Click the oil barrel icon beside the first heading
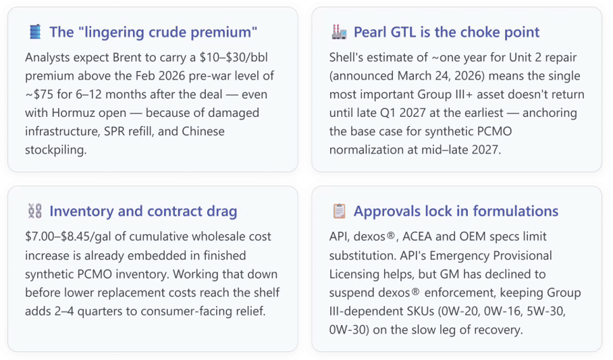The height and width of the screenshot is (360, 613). (35, 32)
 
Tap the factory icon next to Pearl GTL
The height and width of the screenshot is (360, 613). (339, 32)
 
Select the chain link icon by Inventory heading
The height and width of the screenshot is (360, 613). (35, 211)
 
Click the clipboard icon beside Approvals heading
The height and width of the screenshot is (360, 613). (339, 211)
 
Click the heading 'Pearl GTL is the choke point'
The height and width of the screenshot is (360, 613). (446, 32)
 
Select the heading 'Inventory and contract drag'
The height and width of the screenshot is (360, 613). (143, 211)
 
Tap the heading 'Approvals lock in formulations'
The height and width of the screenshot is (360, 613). (456, 211)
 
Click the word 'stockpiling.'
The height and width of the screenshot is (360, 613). (56, 150)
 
